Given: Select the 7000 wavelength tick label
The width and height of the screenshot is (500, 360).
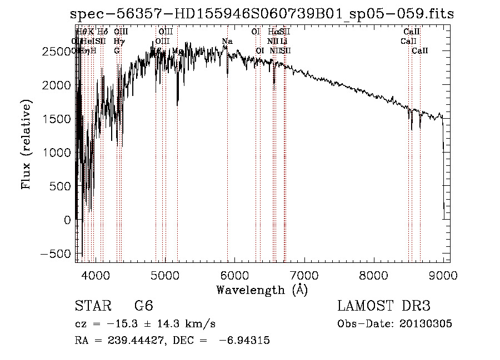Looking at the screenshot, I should tap(304, 275).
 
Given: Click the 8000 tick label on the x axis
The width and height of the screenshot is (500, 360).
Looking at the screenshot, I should tap(373, 275).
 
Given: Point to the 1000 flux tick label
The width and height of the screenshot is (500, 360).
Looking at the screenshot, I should tap(58, 153).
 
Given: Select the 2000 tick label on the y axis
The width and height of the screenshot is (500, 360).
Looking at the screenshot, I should tap(58, 85).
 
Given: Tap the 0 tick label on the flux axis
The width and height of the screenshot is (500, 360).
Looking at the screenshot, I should tap(67, 220).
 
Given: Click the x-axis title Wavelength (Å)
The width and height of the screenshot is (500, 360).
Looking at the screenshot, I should tap(262, 290).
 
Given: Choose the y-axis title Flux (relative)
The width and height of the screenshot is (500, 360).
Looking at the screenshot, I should tap(26, 144).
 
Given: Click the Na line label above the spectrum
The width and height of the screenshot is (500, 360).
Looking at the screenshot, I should tap(227, 41).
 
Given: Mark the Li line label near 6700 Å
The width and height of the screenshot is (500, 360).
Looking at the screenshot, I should tap(284, 41).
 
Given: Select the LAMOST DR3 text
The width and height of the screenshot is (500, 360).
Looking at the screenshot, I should tap(384, 306).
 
